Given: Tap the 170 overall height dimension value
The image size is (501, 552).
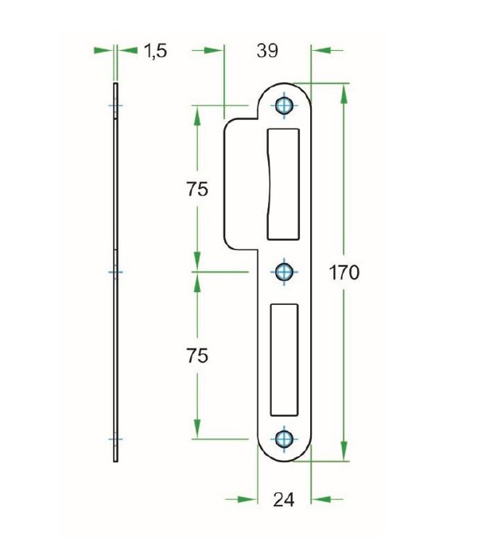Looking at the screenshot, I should point(344,272).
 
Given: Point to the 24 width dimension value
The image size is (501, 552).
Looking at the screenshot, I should point(284,500).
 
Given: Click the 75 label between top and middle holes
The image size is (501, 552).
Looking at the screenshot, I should point(197,189).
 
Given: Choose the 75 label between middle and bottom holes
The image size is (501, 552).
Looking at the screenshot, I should point(197,356).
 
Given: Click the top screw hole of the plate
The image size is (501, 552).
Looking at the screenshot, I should point(285,106).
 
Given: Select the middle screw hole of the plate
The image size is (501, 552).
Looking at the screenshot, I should point(285,272).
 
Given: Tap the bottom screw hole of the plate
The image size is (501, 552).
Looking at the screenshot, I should point(285,438).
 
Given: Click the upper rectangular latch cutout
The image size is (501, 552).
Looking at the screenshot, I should point(283,183).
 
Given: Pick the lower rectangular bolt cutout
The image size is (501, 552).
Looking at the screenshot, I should point(285,358).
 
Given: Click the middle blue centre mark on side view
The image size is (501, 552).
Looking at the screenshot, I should point(116,272).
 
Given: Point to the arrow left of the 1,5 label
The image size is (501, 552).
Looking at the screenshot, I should point(103,50).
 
